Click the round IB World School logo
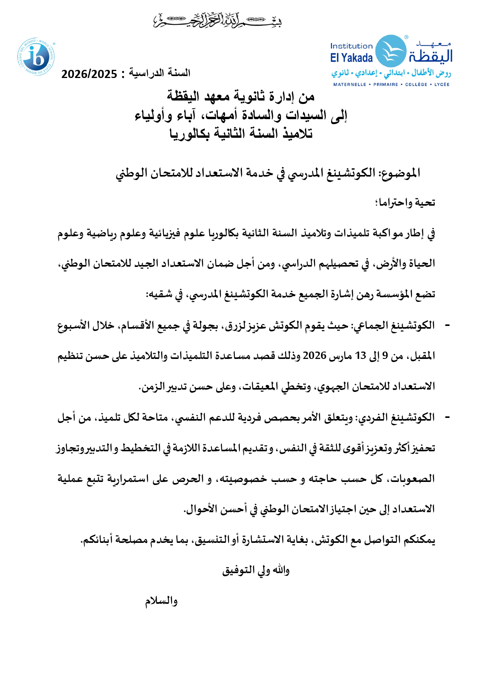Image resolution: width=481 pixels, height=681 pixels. pyautogui.click(x=36, y=57)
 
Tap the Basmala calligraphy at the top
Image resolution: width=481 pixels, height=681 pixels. pyautogui.click(x=217, y=20)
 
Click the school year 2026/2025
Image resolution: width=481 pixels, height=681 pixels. pyautogui.click(x=89, y=74)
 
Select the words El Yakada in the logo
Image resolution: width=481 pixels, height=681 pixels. pyautogui.click(x=351, y=58)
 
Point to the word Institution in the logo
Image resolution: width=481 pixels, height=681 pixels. pyautogui.click(x=351, y=46)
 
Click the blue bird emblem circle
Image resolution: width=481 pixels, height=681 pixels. pyautogui.click(x=391, y=51)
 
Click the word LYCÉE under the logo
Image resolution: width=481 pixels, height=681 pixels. pyautogui.click(x=441, y=84)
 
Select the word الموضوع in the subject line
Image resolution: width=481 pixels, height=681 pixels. pyautogui.click(x=400, y=173)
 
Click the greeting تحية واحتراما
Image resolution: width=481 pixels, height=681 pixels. pyautogui.click(x=405, y=203)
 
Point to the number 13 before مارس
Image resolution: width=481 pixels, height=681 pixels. pyautogui.click(x=360, y=355)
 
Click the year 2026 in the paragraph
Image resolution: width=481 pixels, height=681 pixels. pyautogui.click(x=314, y=355)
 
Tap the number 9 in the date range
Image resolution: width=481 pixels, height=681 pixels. pyautogui.click(x=385, y=355)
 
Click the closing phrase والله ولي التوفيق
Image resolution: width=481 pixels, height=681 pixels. pyautogui.click(x=256, y=570)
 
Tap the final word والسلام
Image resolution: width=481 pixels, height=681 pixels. pyautogui.click(x=161, y=601)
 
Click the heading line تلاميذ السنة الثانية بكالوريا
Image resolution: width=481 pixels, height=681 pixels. pyautogui.click(x=241, y=134)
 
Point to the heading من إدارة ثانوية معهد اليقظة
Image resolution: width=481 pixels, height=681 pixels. pyautogui.click(x=241, y=96)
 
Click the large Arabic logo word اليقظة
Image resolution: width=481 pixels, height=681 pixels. pyautogui.click(x=430, y=56)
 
